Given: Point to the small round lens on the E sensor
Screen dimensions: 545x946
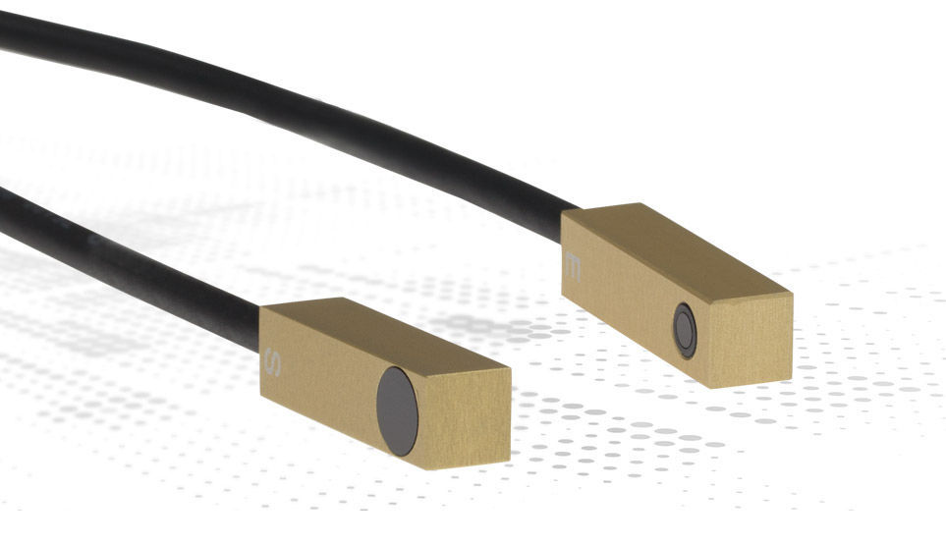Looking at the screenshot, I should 685,330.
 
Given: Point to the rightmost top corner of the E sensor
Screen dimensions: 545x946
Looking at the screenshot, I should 791,290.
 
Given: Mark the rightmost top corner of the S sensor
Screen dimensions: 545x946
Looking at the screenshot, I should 510,368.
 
